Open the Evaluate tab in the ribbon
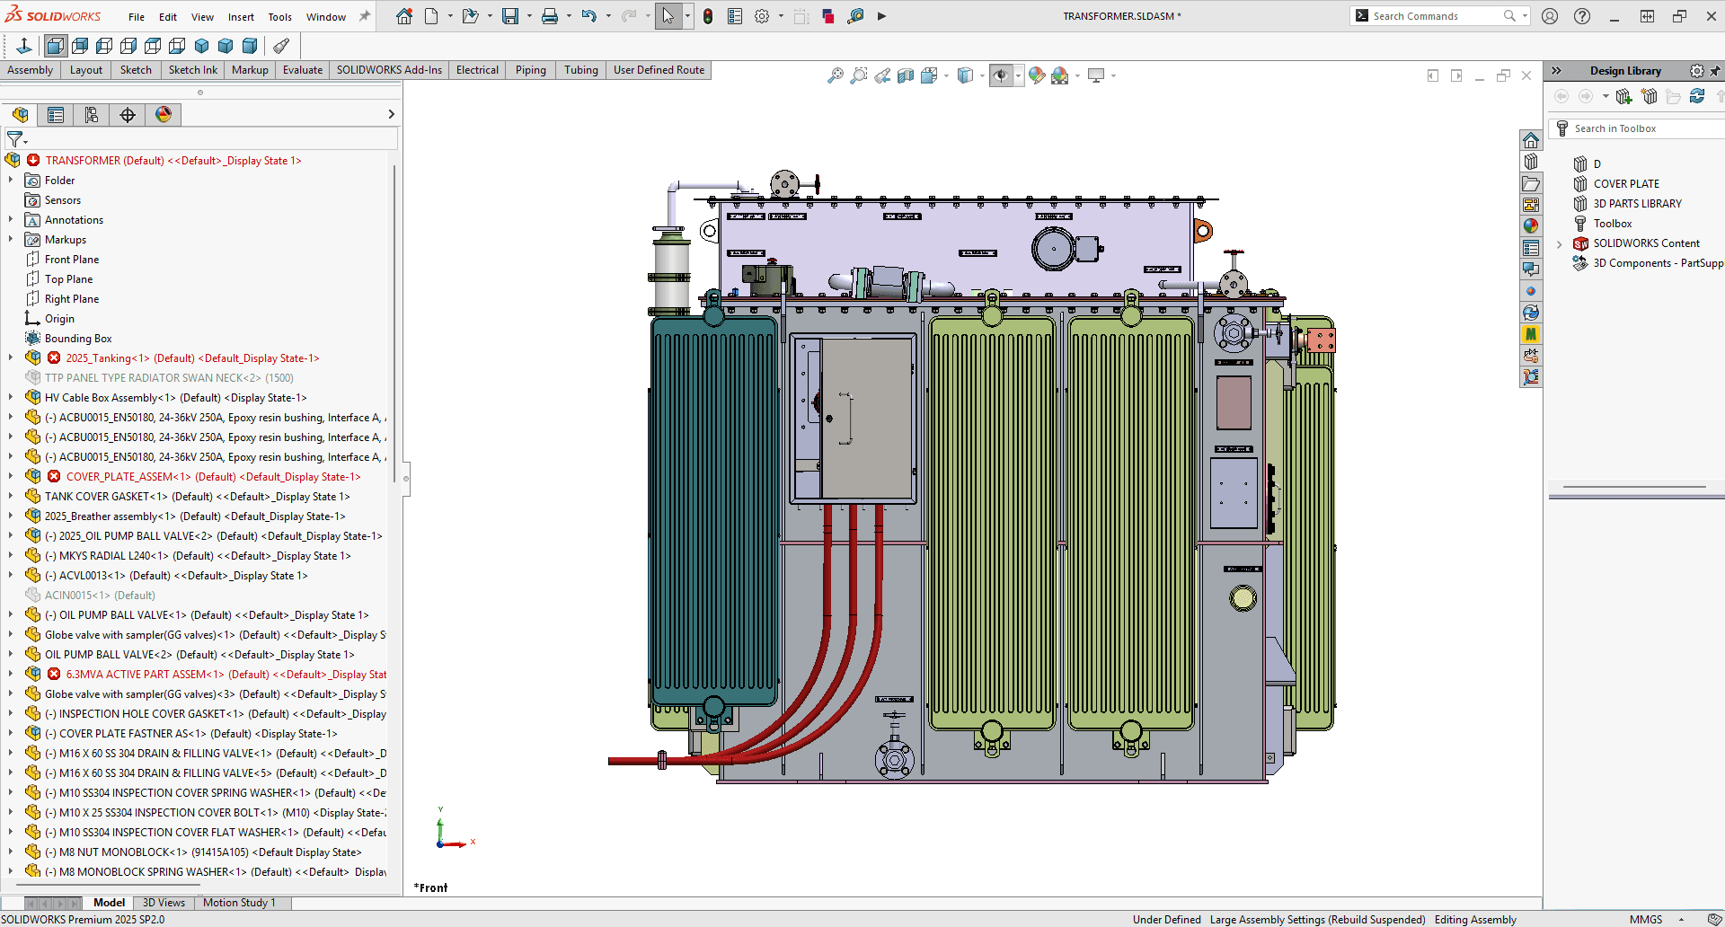click(302, 70)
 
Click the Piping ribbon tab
click(530, 70)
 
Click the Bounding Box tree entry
click(78, 339)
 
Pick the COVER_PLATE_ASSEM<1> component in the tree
click(128, 477)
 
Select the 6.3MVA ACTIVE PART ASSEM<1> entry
click(144, 675)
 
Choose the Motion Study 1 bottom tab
click(239, 903)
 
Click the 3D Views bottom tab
click(164, 903)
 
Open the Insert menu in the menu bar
click(240, 17)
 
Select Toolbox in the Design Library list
click(1612, 224)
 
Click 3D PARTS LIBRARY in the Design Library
click(1637, 204)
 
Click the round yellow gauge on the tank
click(1243, 598)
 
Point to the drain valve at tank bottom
click(895, 760)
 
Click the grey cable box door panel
click(867, 418)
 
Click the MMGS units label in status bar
click(1645, 919)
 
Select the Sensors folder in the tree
click(62, 200)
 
